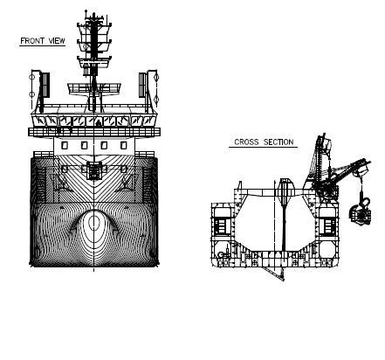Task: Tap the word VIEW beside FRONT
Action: click(x=57, y=41)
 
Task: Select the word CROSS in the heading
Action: click(x=246, y=142)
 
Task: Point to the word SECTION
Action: click(x=278, y=142)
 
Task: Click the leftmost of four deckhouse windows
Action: click(x=65, y=145)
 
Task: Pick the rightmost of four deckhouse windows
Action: click(x=123, y=145)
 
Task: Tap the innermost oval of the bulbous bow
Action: click(x=93, y=222)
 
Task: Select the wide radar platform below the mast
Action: click(x=94, y=88)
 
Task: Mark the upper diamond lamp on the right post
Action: click(x=156, y=78)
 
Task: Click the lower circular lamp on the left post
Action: click(x=31, y=94)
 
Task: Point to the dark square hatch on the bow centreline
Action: click(x=93, y=171)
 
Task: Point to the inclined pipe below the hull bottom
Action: click(x=273, y=273)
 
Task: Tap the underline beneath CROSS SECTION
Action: click(x=263, y=147)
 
